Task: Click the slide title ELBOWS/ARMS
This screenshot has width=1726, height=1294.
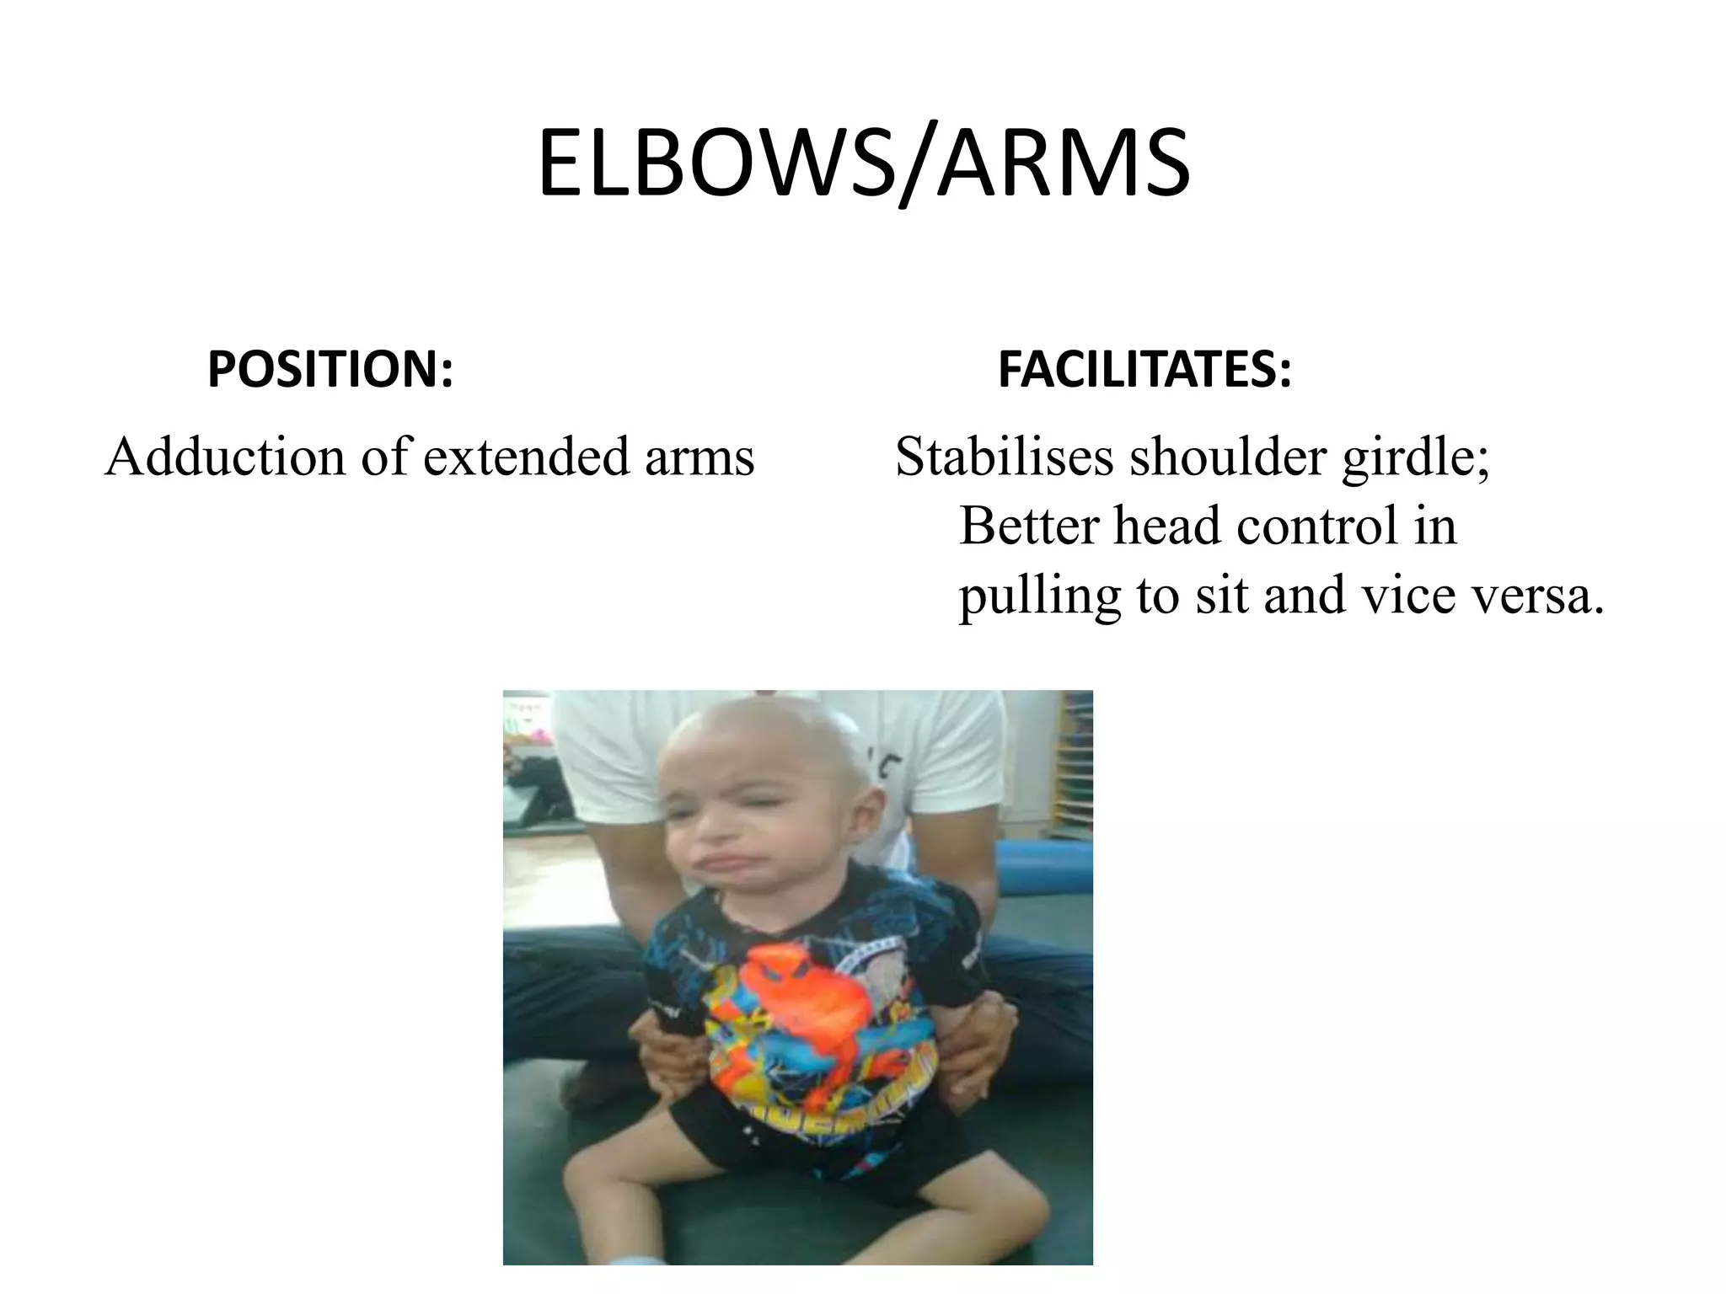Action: point(863,163)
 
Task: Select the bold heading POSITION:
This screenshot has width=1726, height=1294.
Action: point(330,371)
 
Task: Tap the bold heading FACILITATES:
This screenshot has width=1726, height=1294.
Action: point(1144,371)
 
